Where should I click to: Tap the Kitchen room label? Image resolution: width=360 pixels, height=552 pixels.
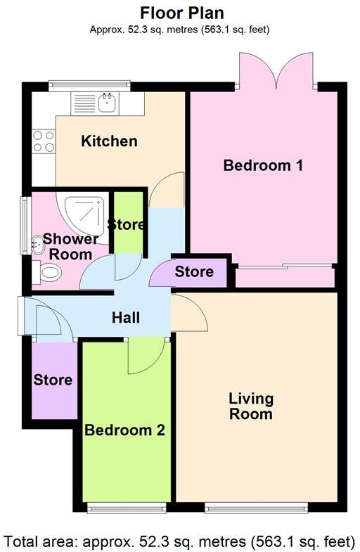(x=109, y=141)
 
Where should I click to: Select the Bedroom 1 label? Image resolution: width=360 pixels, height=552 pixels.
(x=263, y=166)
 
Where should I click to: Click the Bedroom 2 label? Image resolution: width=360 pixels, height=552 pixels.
(x=124, y=430)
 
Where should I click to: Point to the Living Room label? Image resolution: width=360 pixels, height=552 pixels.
(x=251, y=406)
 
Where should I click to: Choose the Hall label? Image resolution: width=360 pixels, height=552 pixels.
(x=126, y=318)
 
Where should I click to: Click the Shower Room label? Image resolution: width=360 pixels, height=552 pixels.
(x=70, y=246)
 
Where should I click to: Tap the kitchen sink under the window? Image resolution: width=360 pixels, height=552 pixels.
(x=107, y=104)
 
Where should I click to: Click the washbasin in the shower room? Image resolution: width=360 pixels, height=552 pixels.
(x=36, y=245)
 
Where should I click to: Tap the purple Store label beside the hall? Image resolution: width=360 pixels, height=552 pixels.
(x=194, y=271)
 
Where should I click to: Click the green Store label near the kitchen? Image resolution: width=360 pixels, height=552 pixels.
(x=127, y=225)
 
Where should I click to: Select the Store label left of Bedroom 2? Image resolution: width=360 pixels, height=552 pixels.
(x=53, y=380)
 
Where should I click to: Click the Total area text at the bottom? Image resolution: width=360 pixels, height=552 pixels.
(x=180, y=541)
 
